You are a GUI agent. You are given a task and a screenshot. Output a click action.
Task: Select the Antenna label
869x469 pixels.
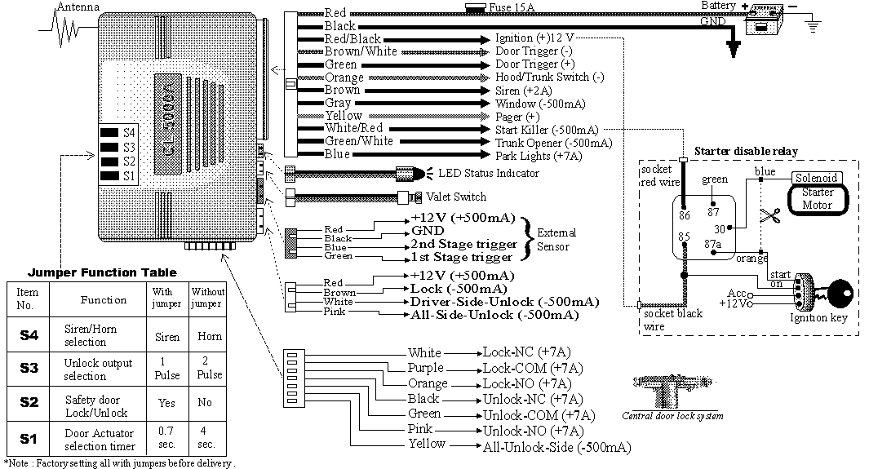78,7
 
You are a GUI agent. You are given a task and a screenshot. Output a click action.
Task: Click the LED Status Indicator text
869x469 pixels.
488,174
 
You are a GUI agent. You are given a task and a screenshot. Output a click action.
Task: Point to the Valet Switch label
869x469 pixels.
456,197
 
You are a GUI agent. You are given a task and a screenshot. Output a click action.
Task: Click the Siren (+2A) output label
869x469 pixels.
528,91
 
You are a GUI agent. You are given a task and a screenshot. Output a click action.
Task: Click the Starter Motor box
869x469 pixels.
817,198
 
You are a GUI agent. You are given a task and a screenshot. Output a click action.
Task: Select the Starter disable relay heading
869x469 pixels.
746,151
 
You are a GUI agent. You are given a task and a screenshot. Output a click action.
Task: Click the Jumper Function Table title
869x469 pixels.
102,272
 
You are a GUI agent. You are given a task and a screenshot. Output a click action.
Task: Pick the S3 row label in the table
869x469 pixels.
29,368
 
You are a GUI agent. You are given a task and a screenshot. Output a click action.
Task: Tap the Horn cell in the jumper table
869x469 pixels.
208,335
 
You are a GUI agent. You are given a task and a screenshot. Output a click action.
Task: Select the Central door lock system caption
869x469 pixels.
672,415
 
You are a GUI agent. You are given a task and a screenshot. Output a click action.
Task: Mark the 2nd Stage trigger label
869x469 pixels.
463,244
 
